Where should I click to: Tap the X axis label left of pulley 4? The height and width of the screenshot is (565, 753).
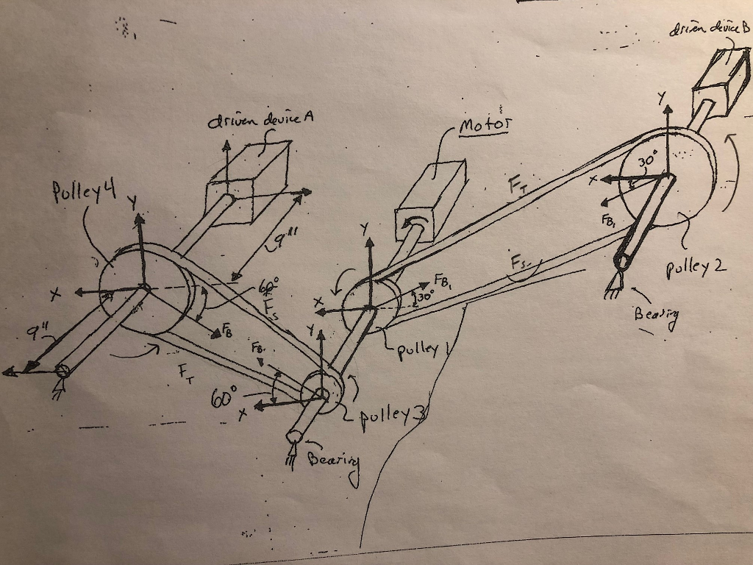tap(54, 295)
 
